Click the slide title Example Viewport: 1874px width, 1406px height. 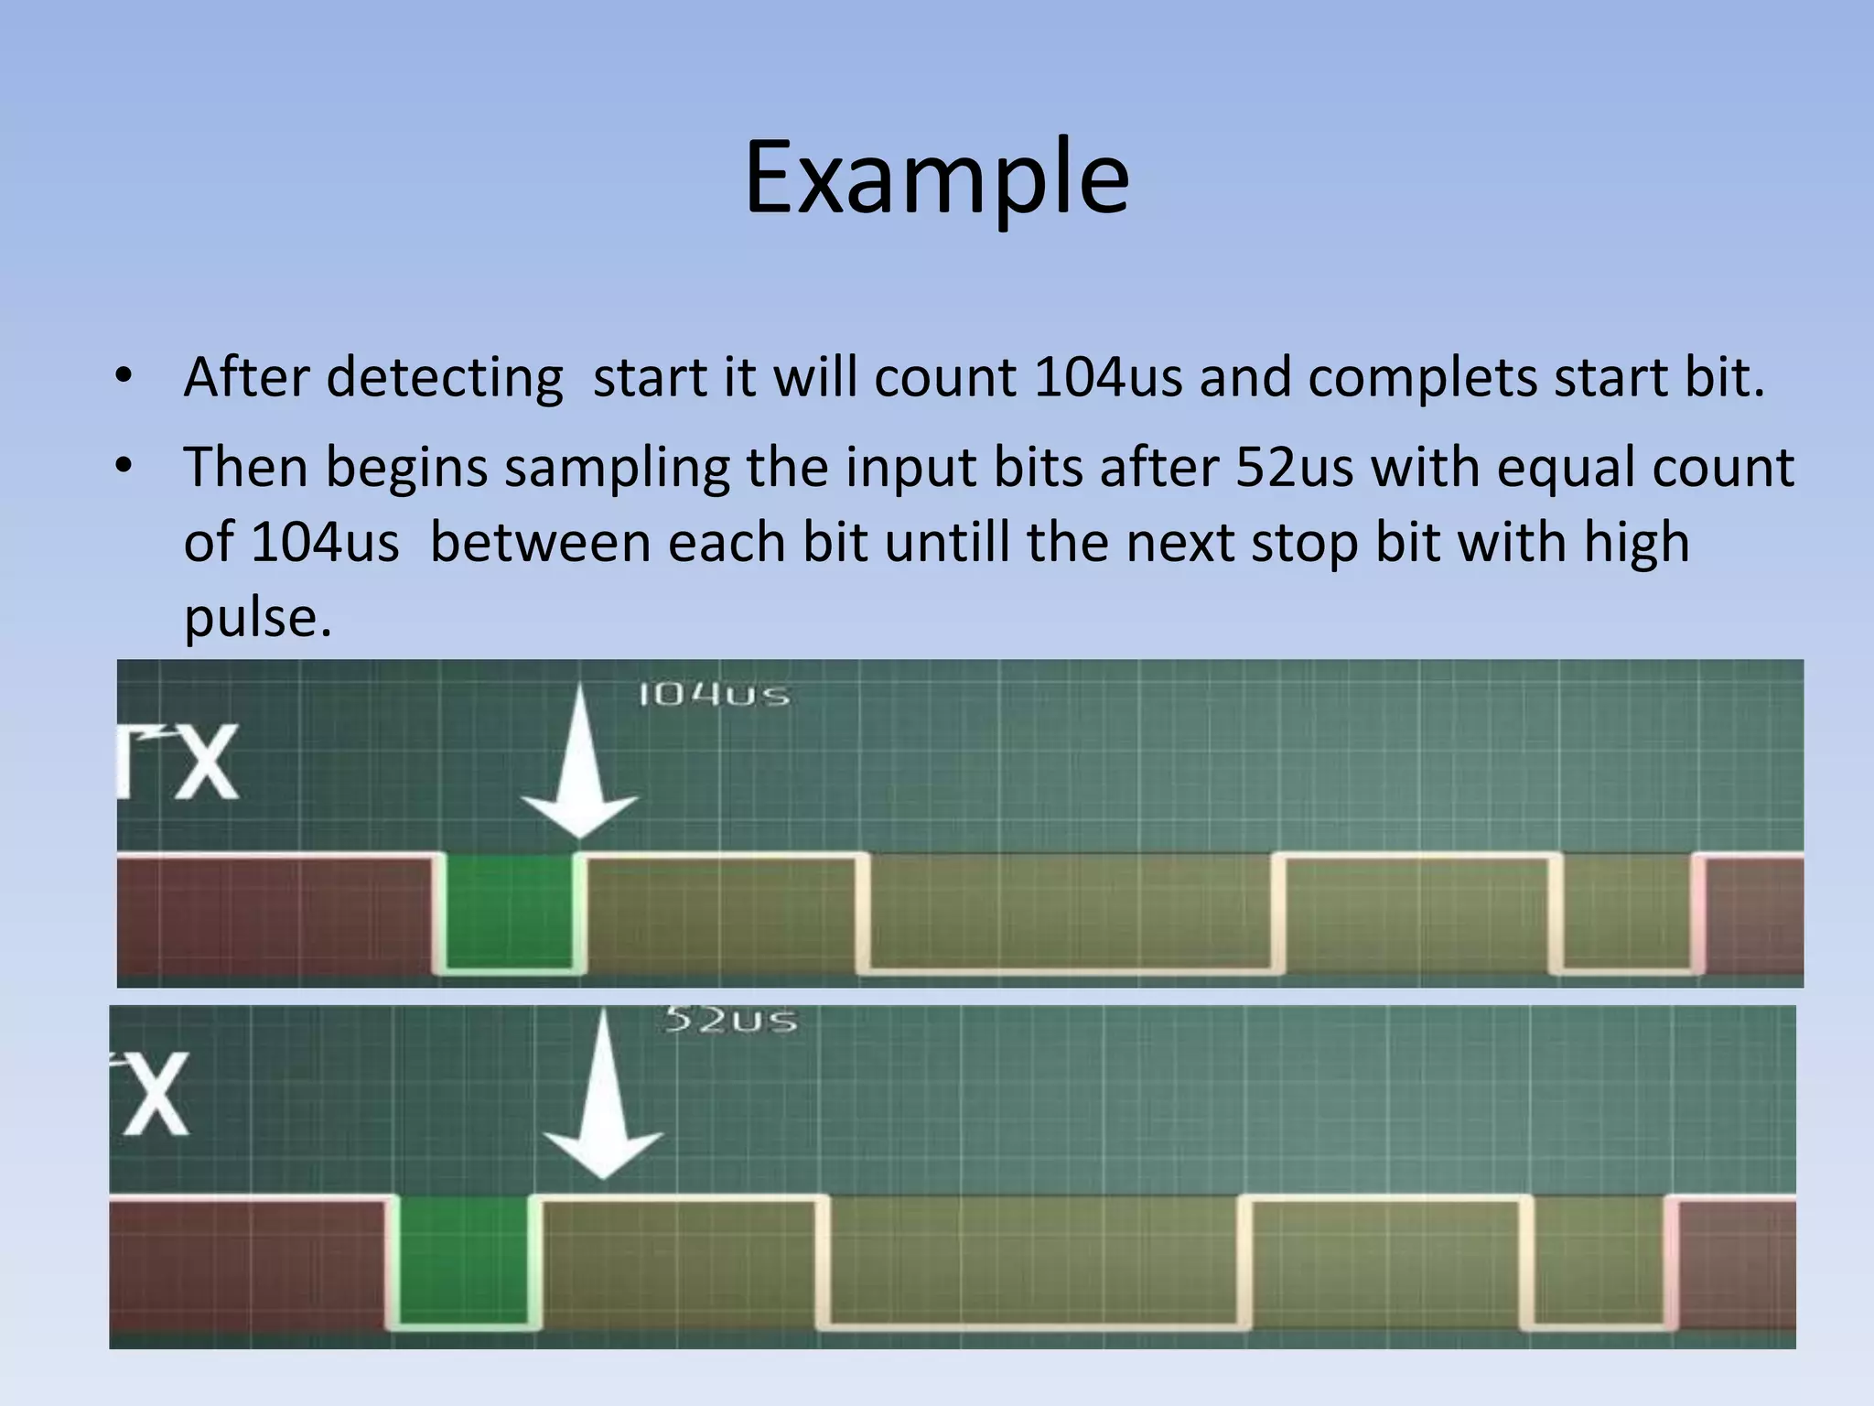(x=936, y=178)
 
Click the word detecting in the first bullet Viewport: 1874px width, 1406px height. (x=445, y=377)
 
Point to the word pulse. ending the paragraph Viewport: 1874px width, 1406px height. (x=257, y=618)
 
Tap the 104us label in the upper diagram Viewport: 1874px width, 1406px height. (x=714, y=695)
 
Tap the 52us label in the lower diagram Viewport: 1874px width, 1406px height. (x=729, y=1020)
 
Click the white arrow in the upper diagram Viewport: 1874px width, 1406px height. (x=578, y=769)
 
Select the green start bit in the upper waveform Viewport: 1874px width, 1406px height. (x=510, y=912)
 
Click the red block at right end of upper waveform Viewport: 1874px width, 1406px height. (x=1753, y=915)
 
